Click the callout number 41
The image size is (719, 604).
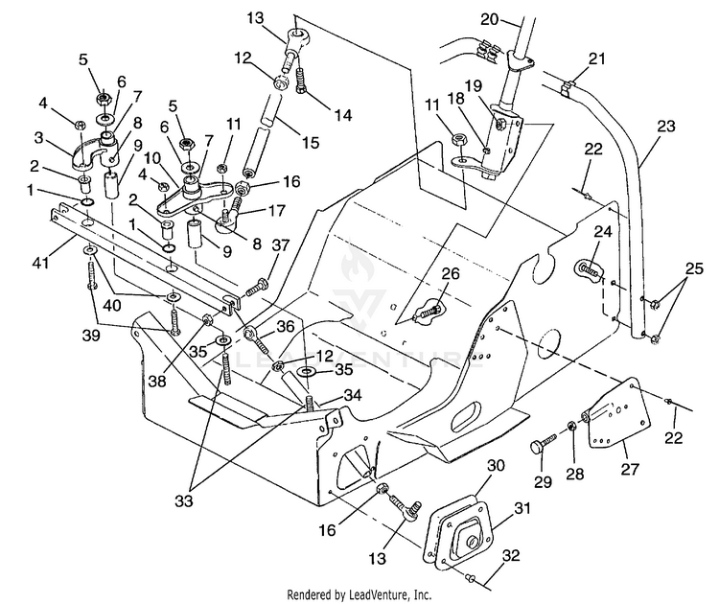[x=40, y=263]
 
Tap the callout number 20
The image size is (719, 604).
[x=489, y=19]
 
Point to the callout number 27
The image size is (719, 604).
[x=630, y=469]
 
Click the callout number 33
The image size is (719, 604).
[x=184, y=501]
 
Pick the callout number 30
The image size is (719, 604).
[x=496, y=465]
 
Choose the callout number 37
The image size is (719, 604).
[x=280, y=245]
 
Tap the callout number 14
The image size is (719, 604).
[x=342, y=115]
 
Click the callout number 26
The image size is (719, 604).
[x=450, y=273]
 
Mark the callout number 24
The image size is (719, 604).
[x=603, y=232]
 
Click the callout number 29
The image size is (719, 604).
[x=543, y=481]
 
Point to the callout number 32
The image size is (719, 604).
[x=511, y=555]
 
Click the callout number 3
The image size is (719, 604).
[x=38, y=137]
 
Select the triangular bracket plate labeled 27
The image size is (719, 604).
[x=619, y=413]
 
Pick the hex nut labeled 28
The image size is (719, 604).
[x=572, y=426]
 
